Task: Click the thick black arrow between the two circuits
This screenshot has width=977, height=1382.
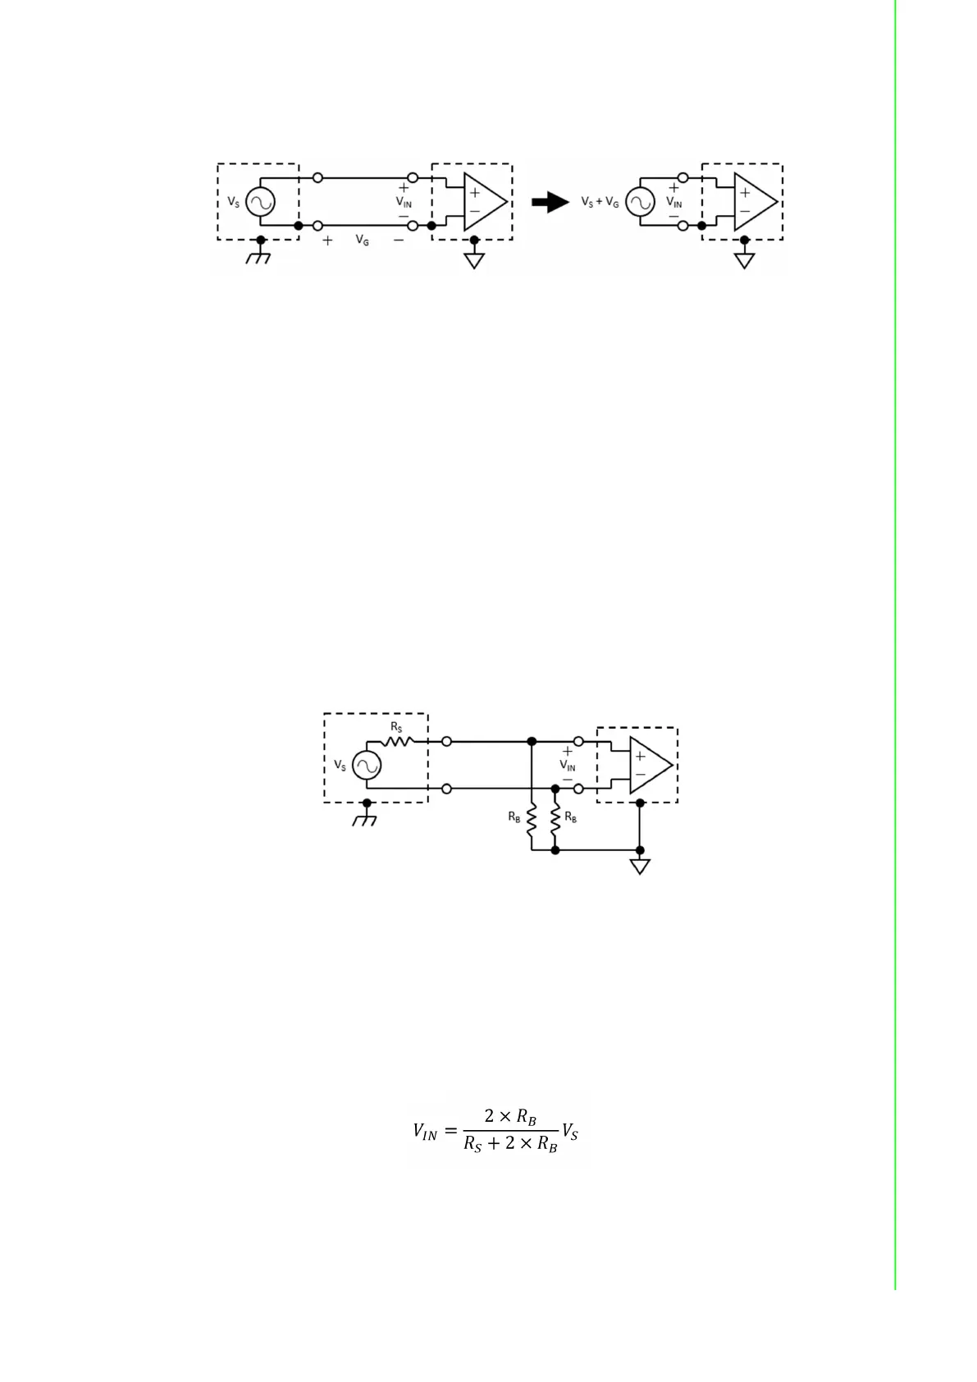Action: click(550, 202)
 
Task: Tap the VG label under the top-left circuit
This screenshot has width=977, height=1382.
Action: click(362, 240)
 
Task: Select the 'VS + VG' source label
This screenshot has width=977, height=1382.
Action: click(600, 202)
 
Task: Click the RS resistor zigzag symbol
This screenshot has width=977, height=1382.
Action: click(398, 740)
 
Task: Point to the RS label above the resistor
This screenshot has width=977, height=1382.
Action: click(396, 727)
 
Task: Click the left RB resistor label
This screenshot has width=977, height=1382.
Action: click(514, 817)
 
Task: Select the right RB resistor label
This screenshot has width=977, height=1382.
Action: click(571, 817)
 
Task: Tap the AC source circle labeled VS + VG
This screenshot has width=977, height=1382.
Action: click(640, 202)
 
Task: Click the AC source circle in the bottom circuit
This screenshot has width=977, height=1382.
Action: click(367, 766)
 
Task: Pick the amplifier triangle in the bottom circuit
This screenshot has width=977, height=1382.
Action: click(650, 765)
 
